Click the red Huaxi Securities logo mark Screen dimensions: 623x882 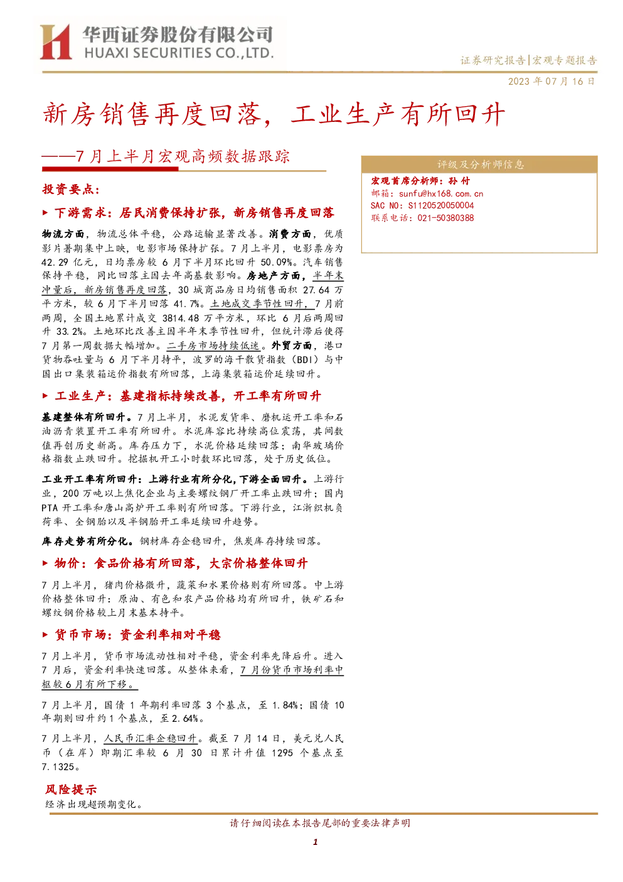[x=56, y=42]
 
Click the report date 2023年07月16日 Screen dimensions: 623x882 [x=551, y=82]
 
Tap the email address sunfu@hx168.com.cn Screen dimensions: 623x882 [x=441, y=193]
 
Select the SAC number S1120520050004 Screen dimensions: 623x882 [x=441, y=205]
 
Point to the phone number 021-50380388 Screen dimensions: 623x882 [x=445, y=218]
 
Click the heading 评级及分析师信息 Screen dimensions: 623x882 [x=481, y=165]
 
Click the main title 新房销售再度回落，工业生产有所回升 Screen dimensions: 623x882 [x=274, y=114]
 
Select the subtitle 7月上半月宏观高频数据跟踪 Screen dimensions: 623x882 [x=183, y=156]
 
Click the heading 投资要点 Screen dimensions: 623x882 [x=71, y=190]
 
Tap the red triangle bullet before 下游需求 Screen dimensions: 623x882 [x=45, y=213]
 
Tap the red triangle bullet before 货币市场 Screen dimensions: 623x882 [x=45, y=634]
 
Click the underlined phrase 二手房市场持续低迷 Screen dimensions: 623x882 [x=213, y=346]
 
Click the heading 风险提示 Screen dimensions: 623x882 [x=71, y=790]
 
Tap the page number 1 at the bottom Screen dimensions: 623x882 [x=315, y=842]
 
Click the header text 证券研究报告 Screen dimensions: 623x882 [x=493, y=61]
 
